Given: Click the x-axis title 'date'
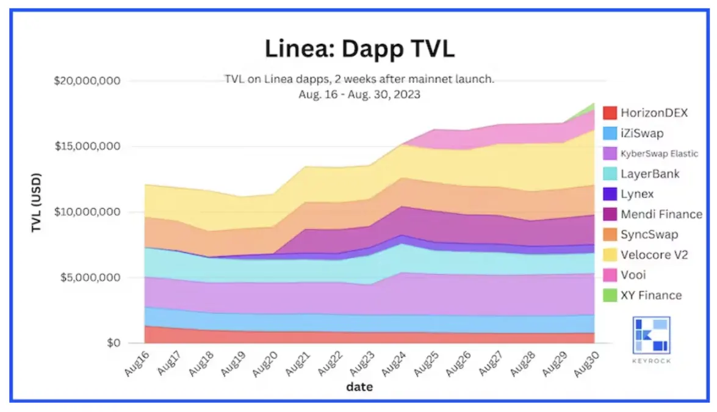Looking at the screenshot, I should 359,386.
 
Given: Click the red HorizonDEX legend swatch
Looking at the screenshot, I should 610,113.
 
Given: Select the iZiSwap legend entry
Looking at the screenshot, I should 643,133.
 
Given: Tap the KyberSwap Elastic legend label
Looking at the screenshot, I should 659,153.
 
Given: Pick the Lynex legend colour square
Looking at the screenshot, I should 610,194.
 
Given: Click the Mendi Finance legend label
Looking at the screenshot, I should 661,214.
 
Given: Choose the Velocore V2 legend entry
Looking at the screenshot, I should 654,255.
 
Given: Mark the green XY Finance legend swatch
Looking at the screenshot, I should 610,295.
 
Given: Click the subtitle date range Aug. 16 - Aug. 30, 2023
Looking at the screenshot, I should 359,95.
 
